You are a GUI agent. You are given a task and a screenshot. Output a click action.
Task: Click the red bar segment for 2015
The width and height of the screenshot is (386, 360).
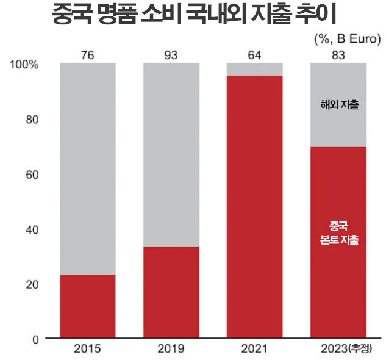coord(87,306)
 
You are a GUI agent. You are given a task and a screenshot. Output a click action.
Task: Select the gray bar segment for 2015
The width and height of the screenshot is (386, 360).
coord(87,168)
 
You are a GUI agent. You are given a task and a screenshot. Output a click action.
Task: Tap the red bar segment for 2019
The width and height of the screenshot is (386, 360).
coord(171,292)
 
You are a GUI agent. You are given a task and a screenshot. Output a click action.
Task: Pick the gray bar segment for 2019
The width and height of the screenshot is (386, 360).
coord(171,154)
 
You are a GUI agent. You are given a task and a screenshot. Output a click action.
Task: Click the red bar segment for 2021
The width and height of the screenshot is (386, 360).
coord(254,206)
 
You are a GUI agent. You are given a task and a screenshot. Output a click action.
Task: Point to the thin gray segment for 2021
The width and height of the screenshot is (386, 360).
coord(254,69)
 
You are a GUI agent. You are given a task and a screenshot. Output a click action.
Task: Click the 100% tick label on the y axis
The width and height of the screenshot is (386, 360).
coord(25,64)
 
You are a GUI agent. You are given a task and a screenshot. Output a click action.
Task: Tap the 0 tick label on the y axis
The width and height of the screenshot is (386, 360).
coord(36,339)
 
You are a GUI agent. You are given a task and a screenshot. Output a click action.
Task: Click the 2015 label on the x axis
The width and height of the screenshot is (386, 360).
coord(87,350)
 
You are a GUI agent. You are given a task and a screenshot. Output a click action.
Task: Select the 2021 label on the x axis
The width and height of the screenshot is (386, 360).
coord(254,350)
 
